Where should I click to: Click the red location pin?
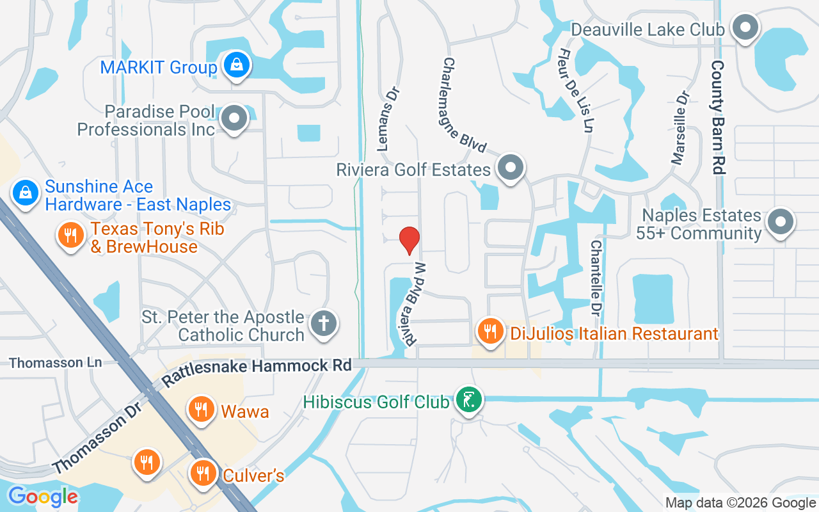[x=409, y=240]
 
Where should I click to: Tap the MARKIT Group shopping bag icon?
[x=237, y=65]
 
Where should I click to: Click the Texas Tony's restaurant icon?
[x=71, y=234]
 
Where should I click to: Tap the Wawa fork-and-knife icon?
[x=202, y=409]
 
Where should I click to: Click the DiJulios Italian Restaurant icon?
[x=490, y=332]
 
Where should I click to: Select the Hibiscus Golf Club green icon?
[x=469, y=400]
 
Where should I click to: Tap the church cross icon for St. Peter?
[x=324, y=323]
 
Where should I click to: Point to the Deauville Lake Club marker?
[x=745, y=28]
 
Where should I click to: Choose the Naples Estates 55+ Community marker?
[x=779, y=222]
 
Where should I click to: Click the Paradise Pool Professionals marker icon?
[x=234, y=118]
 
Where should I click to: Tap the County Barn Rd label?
[x=719, y=118]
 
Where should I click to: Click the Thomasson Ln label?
[x=56, y=363]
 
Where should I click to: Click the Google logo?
[x=43, y=496]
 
